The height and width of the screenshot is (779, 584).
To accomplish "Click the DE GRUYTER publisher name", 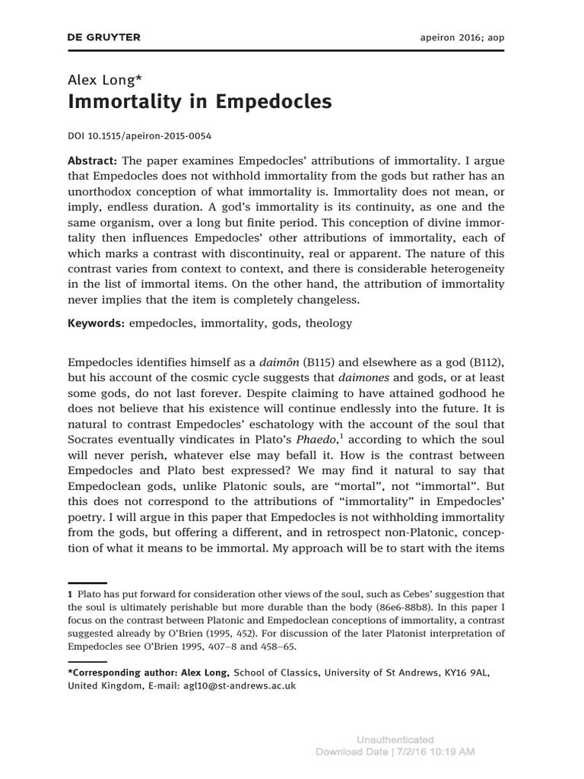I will click(104, 37).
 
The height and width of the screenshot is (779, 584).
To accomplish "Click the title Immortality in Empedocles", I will click(200, 102).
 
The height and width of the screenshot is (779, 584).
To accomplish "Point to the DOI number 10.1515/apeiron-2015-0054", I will click(148, 137).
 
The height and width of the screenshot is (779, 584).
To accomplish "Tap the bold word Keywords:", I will click(97, 323).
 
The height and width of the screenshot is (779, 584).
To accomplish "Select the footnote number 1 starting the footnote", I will click(70, 593).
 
